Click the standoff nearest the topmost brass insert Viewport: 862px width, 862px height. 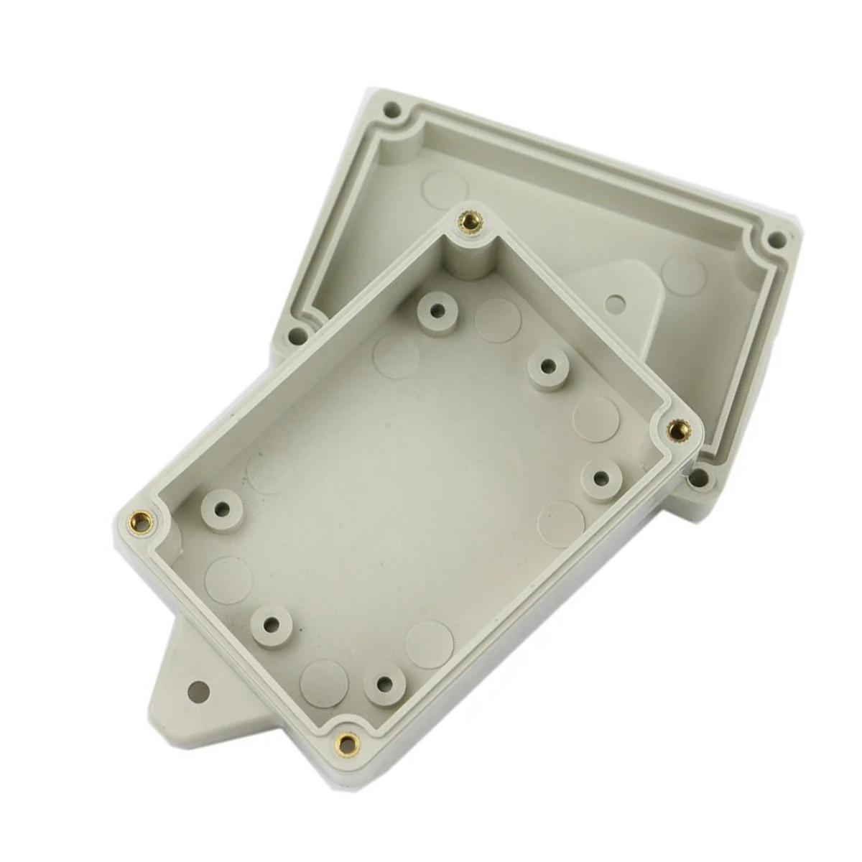(435, 310)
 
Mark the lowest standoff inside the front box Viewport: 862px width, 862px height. (385, 682)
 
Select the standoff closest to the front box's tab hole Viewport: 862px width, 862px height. (275, 624)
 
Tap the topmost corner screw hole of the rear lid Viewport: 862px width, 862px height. (391, 111)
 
